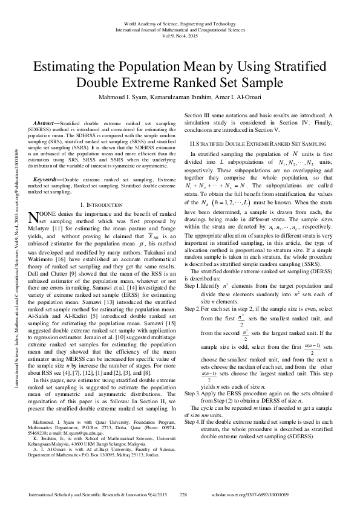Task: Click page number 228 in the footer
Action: tap(185, 494)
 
